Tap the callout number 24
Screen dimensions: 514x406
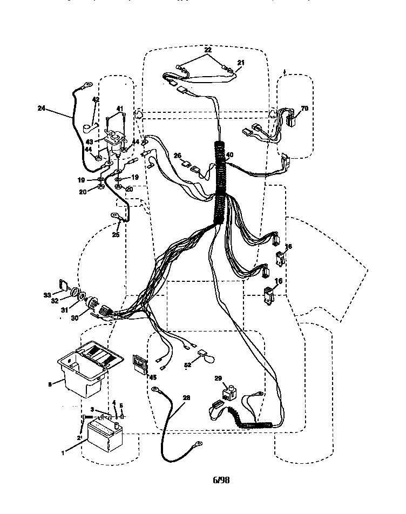pos(42,107)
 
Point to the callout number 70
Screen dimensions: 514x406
pos(304,109)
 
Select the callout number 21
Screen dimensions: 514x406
pos(241,63)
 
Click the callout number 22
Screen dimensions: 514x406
pos(207,50)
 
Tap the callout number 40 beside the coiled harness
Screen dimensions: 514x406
pos(229,155)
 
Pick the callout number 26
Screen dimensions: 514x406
pos(177,156)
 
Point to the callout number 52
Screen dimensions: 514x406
pos(188,366)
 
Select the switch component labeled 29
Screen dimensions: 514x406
pos(231,391)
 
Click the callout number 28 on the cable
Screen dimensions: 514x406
pos(186,398)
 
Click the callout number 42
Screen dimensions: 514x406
pos(96,99)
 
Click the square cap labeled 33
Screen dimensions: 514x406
pos(62,285)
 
